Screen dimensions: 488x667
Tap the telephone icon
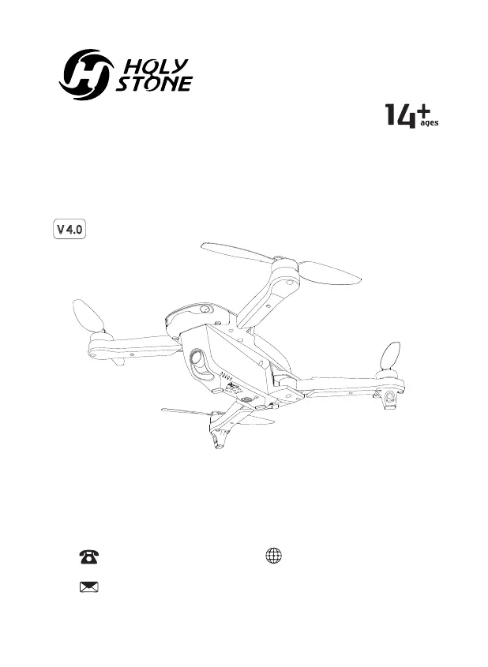[x=87, y=556]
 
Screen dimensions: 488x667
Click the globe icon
[x=272, y=555]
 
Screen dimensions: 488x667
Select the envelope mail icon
[x=87, y=586]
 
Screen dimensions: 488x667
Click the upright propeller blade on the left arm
[x=88, y=316]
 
